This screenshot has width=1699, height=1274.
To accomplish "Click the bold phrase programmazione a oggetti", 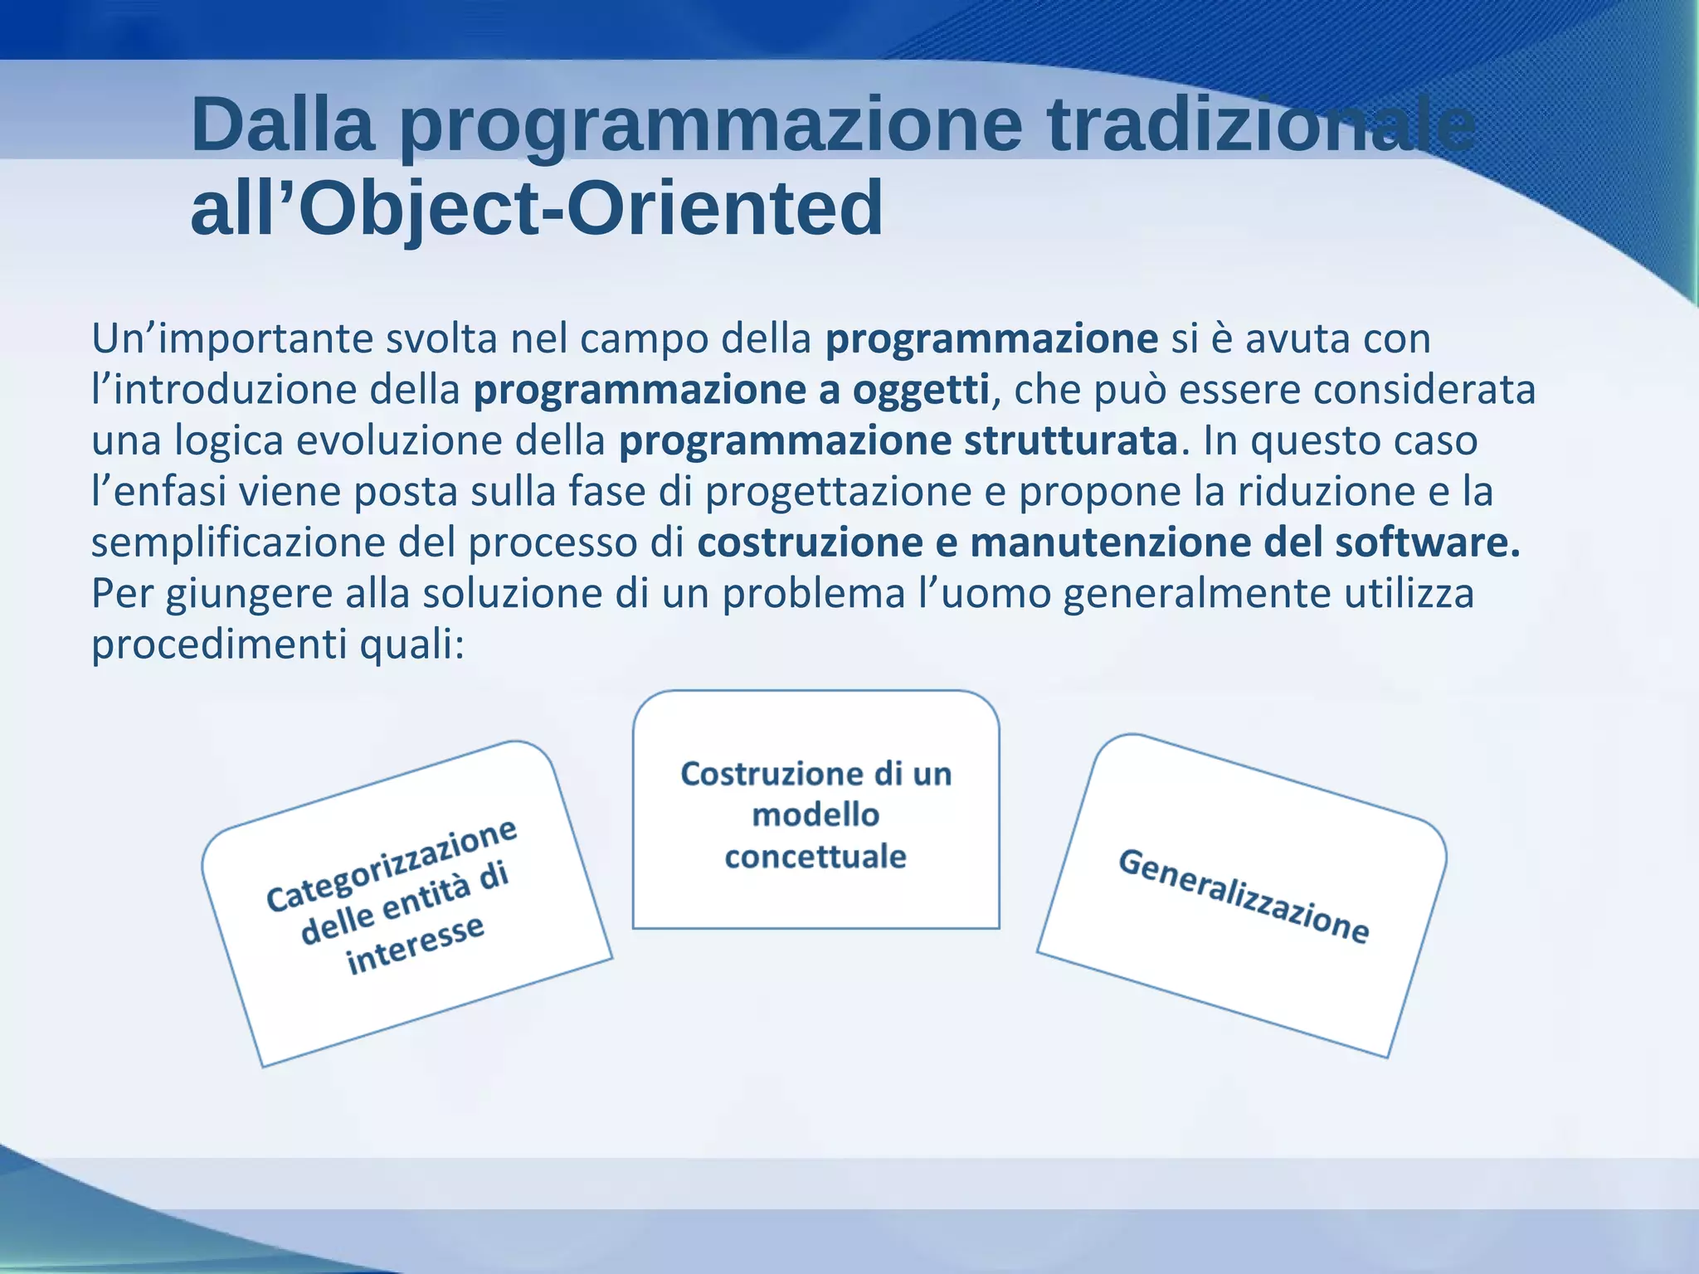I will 731,390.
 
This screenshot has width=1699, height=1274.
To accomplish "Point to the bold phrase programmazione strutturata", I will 898,440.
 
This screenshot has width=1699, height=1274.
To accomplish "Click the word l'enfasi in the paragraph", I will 158,491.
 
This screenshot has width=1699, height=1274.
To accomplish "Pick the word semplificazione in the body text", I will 239,542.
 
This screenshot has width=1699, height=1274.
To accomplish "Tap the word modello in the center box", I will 815,814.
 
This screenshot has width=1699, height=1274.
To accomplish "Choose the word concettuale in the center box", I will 815,856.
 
